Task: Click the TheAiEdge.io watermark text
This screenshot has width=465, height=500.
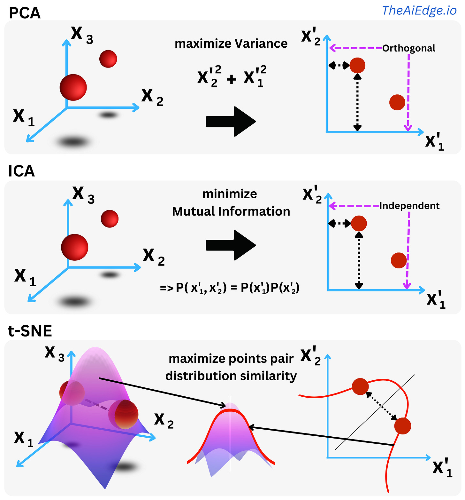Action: (x=419, y=11)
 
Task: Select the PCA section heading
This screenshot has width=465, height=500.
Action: (x=25, y=13)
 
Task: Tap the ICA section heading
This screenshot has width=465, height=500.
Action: (x=21, y=171)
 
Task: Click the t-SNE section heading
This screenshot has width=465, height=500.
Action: (x=30, y=331)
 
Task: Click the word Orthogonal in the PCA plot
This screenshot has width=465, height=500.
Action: (x=408, y=48)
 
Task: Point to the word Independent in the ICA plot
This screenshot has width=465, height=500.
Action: (x=409, y=206)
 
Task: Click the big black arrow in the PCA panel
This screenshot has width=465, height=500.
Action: (x=231, y=122)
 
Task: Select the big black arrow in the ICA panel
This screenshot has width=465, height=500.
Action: (x=231, y=245)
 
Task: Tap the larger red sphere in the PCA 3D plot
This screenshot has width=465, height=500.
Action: (x=73, y=87)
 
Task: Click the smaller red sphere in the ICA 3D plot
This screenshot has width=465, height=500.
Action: (x=110, y=219)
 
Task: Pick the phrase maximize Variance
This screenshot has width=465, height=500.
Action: (x=231, y=44)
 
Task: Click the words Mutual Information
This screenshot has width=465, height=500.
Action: (x=231, y=211)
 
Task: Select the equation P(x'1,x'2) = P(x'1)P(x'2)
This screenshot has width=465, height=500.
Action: (x=230, y=288)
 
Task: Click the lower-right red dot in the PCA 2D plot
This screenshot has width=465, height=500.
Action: (x=397, y=102)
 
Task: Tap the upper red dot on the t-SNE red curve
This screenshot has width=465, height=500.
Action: (x=360, y=386)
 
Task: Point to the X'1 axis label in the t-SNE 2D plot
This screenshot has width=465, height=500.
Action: (x=443, y=468)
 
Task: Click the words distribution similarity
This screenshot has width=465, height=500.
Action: (x=231, y=376)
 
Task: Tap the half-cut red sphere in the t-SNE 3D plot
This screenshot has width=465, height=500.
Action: (x=124, y=414)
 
